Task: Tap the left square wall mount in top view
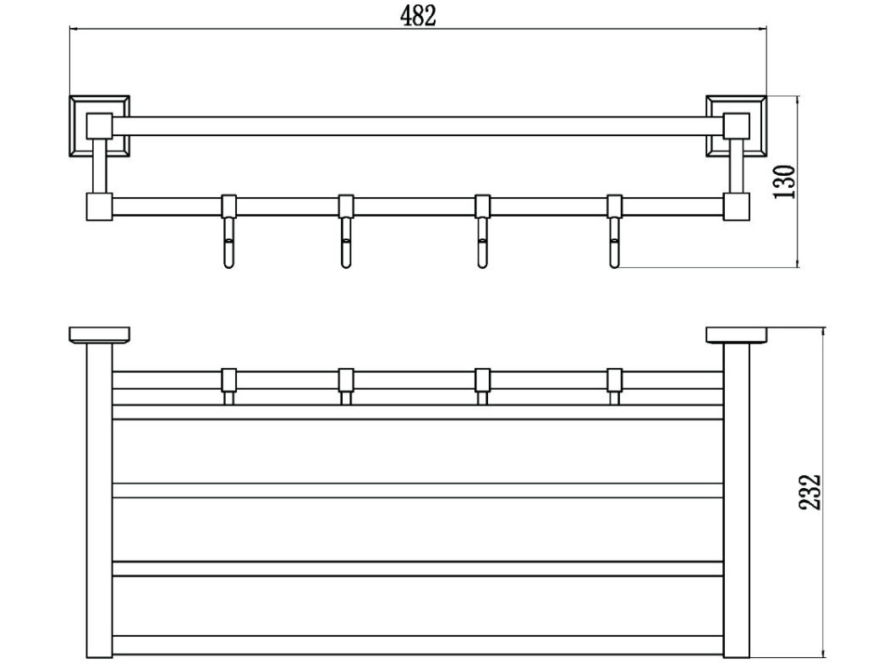[x=100, y=126]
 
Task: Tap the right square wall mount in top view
[x=737, y=126]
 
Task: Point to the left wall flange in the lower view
[x=100, y=335]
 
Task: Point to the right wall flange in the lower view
[x=737, y=335]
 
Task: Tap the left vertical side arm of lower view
[x=100, y=499]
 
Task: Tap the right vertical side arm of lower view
[x=737, y=499]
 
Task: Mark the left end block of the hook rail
[x=100, y=206]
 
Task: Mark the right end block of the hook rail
[x=737, y=206]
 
